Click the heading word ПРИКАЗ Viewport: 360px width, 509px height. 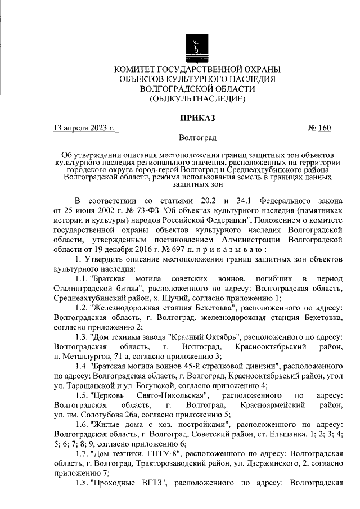[x=197, y=118]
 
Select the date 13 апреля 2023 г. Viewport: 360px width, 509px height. [x=83, y=128]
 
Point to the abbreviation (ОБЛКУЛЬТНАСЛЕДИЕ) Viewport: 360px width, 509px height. [x=197, y=100]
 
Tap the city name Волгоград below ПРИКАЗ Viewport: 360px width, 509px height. [x=197, y=138]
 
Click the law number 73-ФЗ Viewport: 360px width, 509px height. [x=143, y=210]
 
